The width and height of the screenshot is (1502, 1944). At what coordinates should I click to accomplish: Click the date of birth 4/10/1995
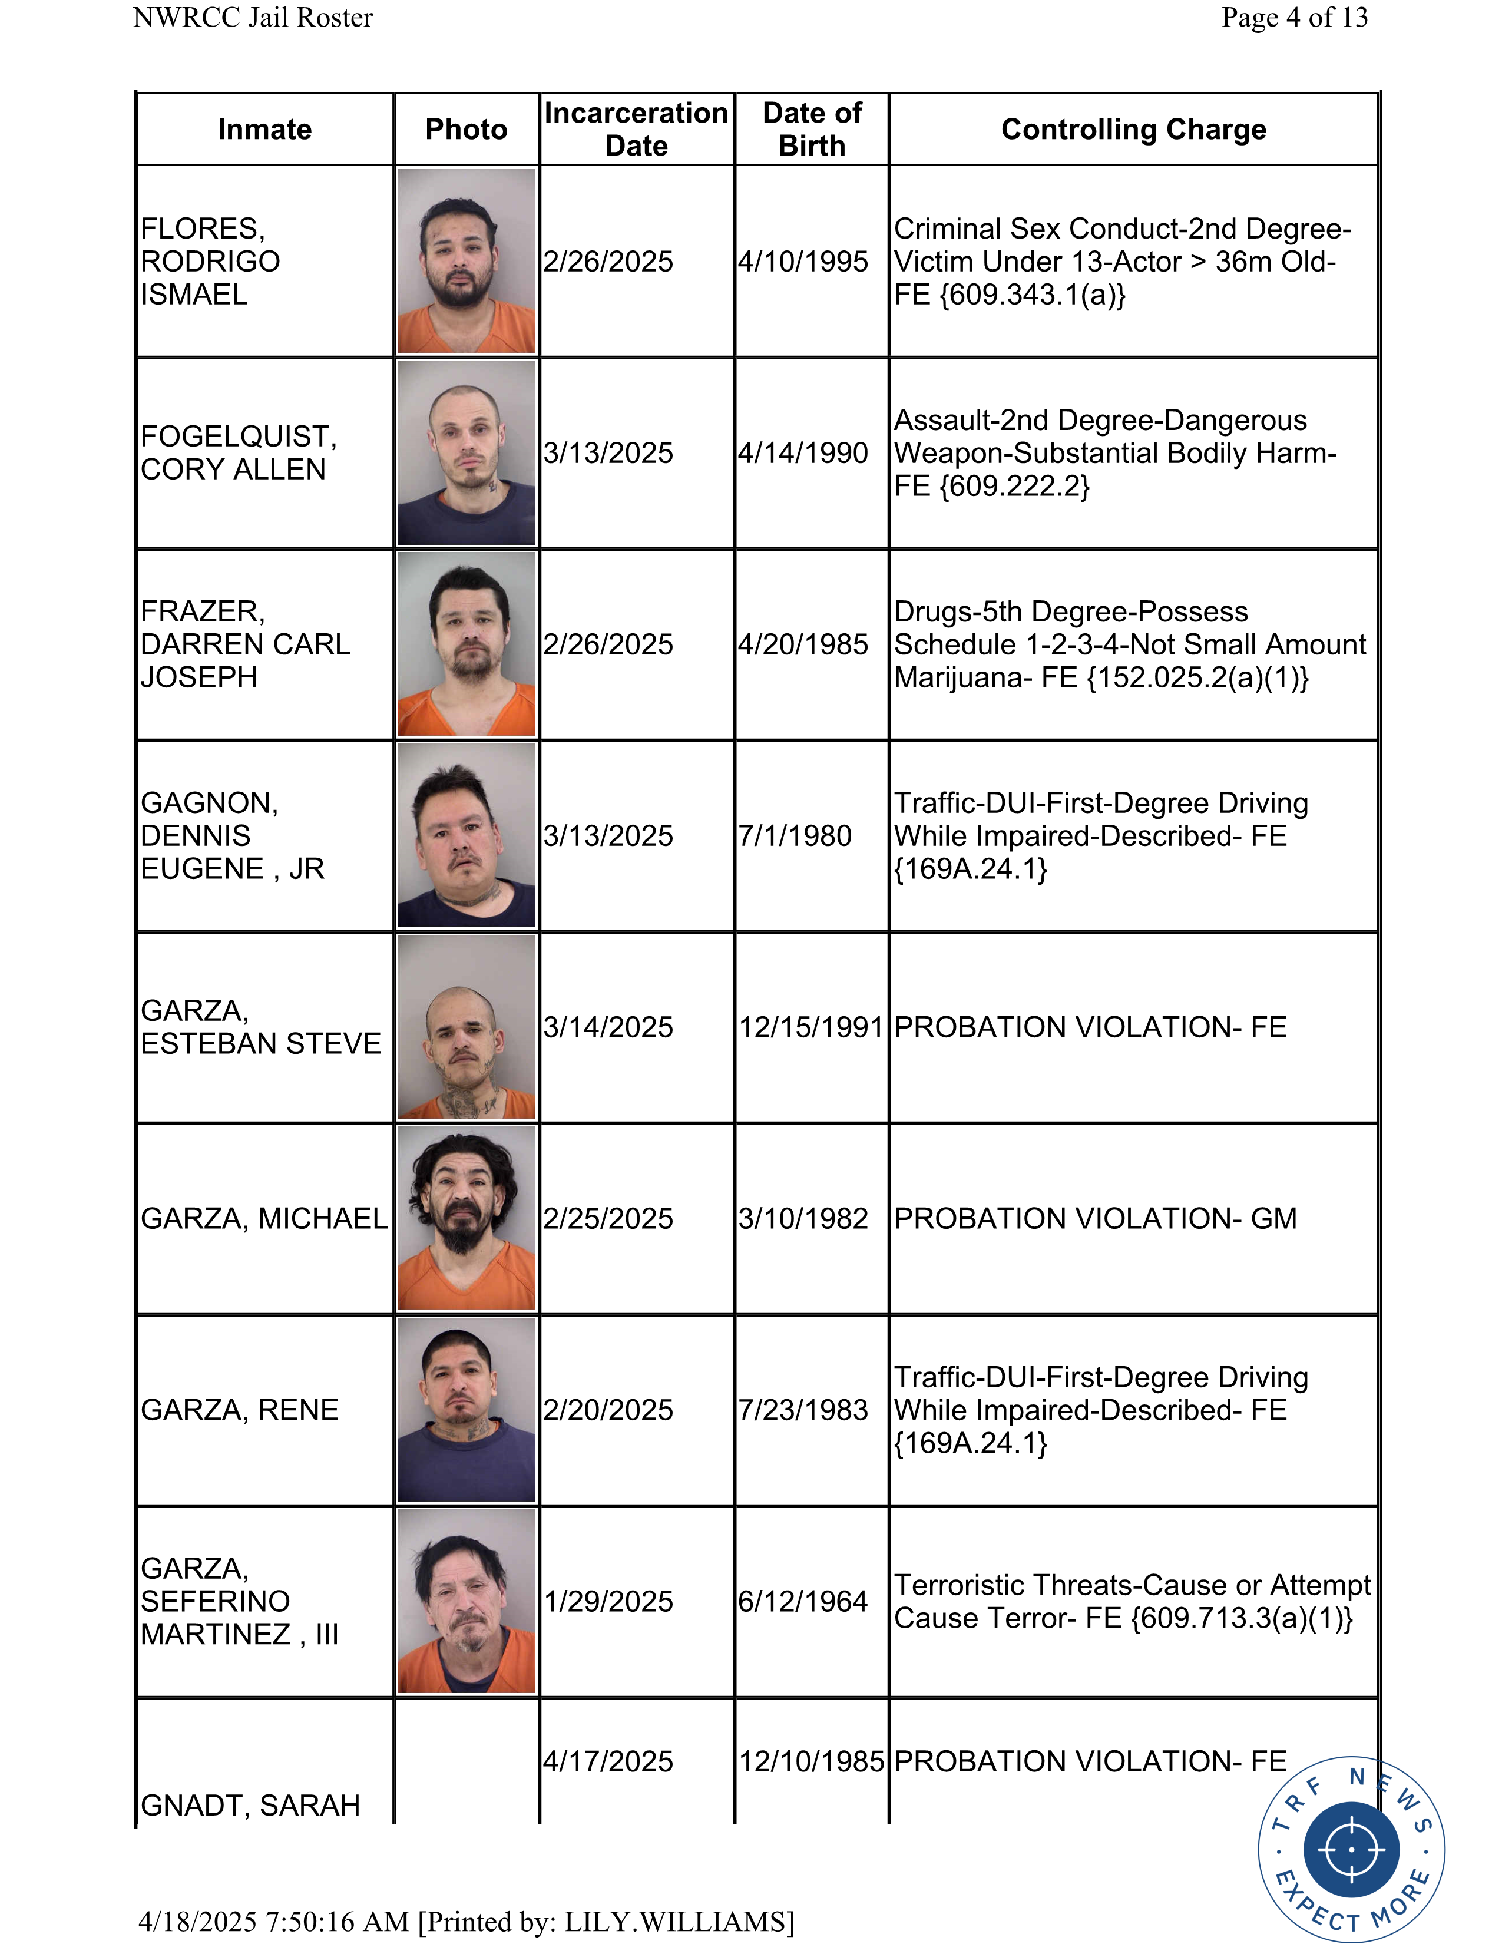tap(803, 262)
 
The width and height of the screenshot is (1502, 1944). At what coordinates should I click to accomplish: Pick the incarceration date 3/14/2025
tap(608, 1027)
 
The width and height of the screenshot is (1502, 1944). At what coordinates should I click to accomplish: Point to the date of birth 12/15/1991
tap(810, 1027)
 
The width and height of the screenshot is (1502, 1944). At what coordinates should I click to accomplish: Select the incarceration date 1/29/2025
tap(608, 1601)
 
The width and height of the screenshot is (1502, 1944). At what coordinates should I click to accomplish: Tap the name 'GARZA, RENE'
tap(240, 1410)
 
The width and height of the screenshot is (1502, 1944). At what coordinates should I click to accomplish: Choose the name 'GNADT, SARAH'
tap(251, 1805)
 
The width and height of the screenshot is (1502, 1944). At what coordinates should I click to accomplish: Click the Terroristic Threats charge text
tap(1132, 1601)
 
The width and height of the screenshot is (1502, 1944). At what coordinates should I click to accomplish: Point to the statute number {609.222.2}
tap(1014, 486)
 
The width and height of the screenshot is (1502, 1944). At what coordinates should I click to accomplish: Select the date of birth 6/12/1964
tap(803, 1601)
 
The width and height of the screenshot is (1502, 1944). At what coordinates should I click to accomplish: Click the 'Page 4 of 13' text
tap(1294, 18)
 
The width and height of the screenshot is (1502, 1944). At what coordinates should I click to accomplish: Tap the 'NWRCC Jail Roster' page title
tap(253, 18)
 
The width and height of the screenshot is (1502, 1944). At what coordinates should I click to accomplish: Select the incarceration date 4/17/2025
tap(608, 1761)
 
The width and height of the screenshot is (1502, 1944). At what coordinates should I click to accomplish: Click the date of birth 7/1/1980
tap(795, 836)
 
